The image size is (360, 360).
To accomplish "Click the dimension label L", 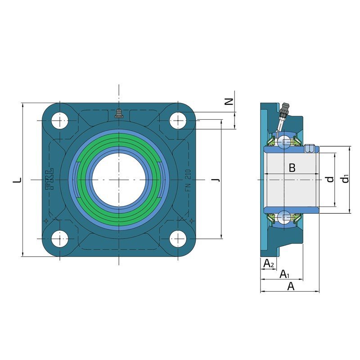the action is [17, 180].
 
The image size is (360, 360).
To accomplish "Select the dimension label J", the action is [216, 179].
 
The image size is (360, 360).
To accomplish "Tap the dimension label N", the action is [229, 101].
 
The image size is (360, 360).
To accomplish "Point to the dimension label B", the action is [292, 168].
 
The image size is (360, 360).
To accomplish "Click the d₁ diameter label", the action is [345, 179].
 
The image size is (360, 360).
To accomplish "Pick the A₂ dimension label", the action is [269, 263].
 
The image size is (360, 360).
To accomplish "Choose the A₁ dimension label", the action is [284, 274].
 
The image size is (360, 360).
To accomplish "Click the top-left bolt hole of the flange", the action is [60, 121].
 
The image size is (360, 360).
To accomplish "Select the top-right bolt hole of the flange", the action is [178, 121].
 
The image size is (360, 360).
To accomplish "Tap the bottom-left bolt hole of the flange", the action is [60, 239].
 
